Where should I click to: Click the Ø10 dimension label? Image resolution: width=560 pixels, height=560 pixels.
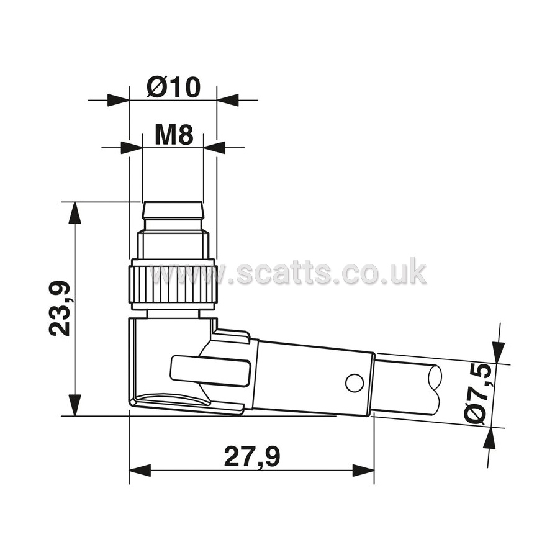pos(174,88)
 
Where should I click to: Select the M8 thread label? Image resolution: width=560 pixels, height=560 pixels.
pos(174,135)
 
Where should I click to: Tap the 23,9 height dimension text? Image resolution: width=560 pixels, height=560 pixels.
pos(59,309)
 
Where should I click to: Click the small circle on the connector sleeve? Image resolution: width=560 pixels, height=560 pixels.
pos(355,382)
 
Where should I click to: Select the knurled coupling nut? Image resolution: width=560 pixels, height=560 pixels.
pos(174,284)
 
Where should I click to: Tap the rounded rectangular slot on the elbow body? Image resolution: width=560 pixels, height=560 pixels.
pos(210,371)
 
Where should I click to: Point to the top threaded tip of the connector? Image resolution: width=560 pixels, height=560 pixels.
pos(173,210)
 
